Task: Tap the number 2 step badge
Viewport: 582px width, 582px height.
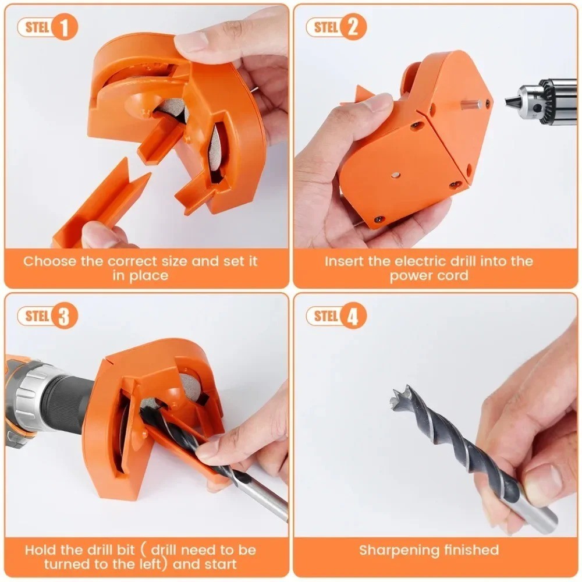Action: click(353, 28)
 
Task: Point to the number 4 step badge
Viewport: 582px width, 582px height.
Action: click(353, 316)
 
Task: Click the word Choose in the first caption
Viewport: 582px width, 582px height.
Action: click(49, 261)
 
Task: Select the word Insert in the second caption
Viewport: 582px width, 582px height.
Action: click(345, 261)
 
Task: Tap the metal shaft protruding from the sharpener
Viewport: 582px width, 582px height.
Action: click(470, 105)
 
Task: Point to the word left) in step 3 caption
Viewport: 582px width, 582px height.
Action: click(156, 564)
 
